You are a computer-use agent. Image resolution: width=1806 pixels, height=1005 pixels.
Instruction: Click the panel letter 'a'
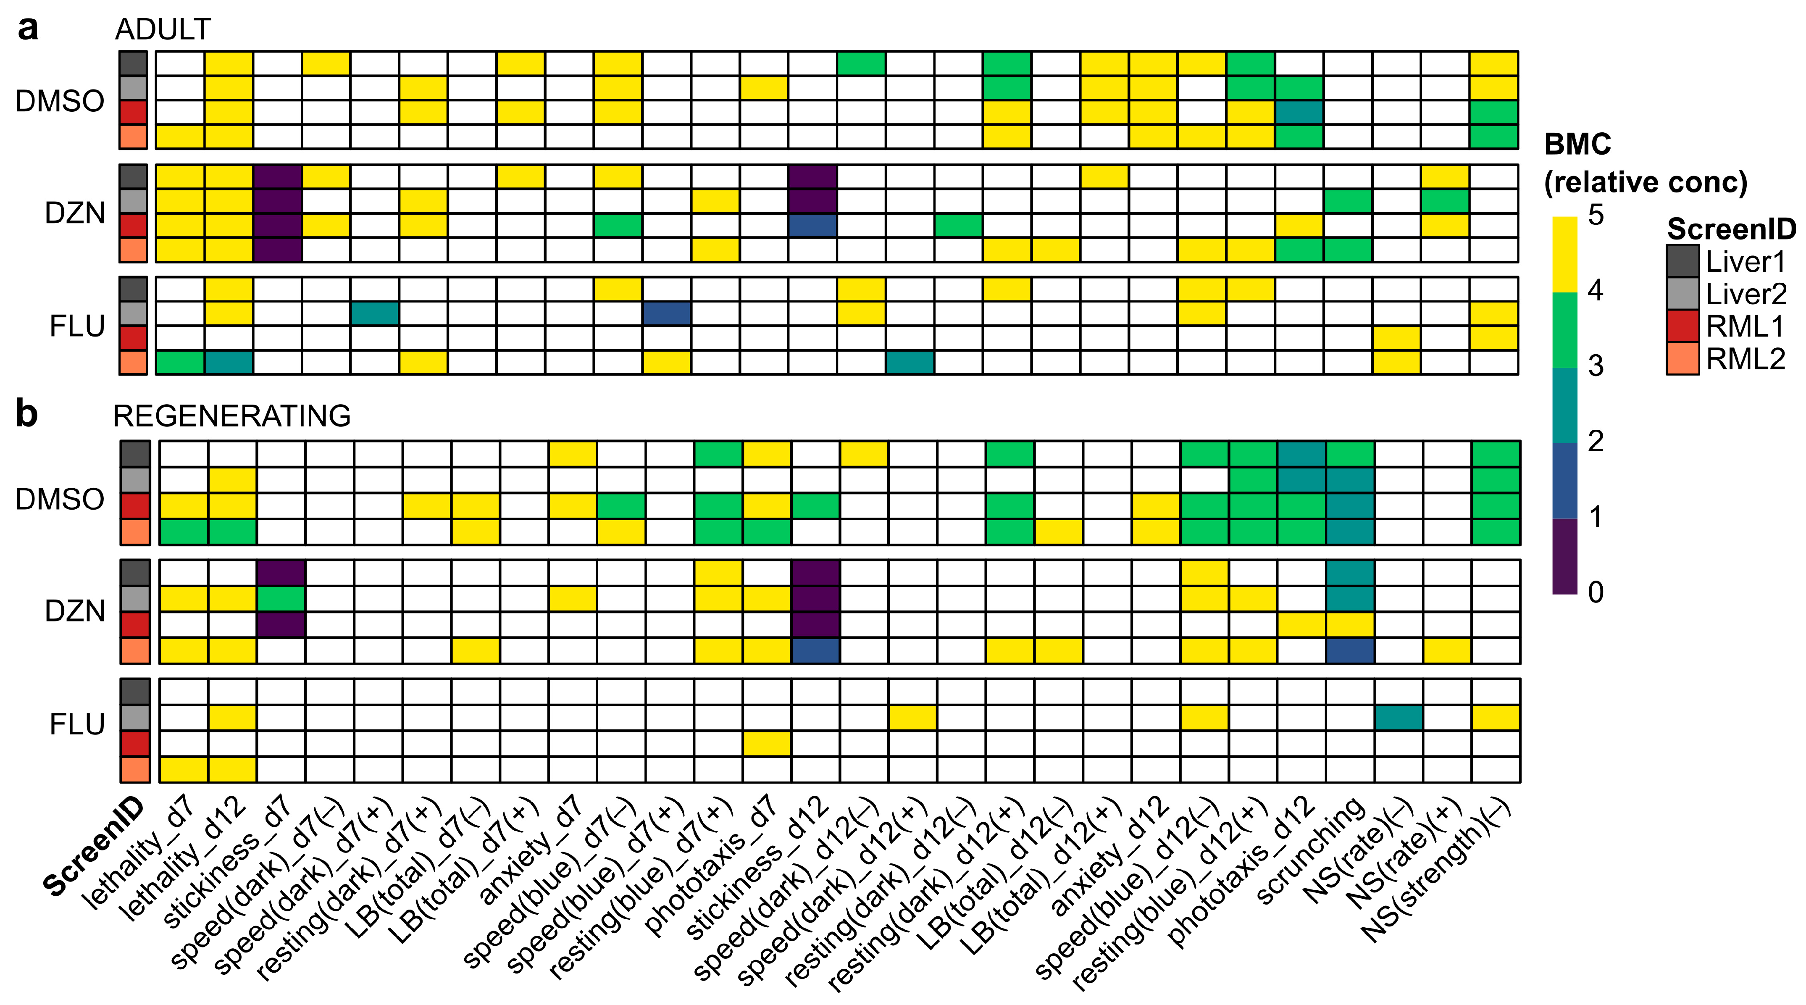[28, 29]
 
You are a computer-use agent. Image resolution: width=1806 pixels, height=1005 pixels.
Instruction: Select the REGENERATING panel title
[231, 416]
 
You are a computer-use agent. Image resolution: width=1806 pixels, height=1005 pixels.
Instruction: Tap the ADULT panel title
[163, 29]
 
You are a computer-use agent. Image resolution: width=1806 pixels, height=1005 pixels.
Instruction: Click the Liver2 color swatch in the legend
[1682, 294]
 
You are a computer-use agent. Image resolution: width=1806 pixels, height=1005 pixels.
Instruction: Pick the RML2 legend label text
[1745, 359]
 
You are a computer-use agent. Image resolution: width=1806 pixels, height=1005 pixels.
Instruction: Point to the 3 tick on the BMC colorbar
[1596, 366]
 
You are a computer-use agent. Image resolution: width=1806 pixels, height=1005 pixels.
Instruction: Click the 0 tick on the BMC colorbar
[1596, 592]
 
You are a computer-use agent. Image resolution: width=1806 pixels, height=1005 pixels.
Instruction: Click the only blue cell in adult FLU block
[667, 313]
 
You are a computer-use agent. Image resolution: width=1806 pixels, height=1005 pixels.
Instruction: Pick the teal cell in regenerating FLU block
[1398, 718]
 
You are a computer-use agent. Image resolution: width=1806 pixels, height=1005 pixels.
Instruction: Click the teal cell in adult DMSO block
[1299, 112]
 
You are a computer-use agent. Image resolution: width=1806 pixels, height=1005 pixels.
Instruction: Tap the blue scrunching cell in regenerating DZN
[1350, 650]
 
